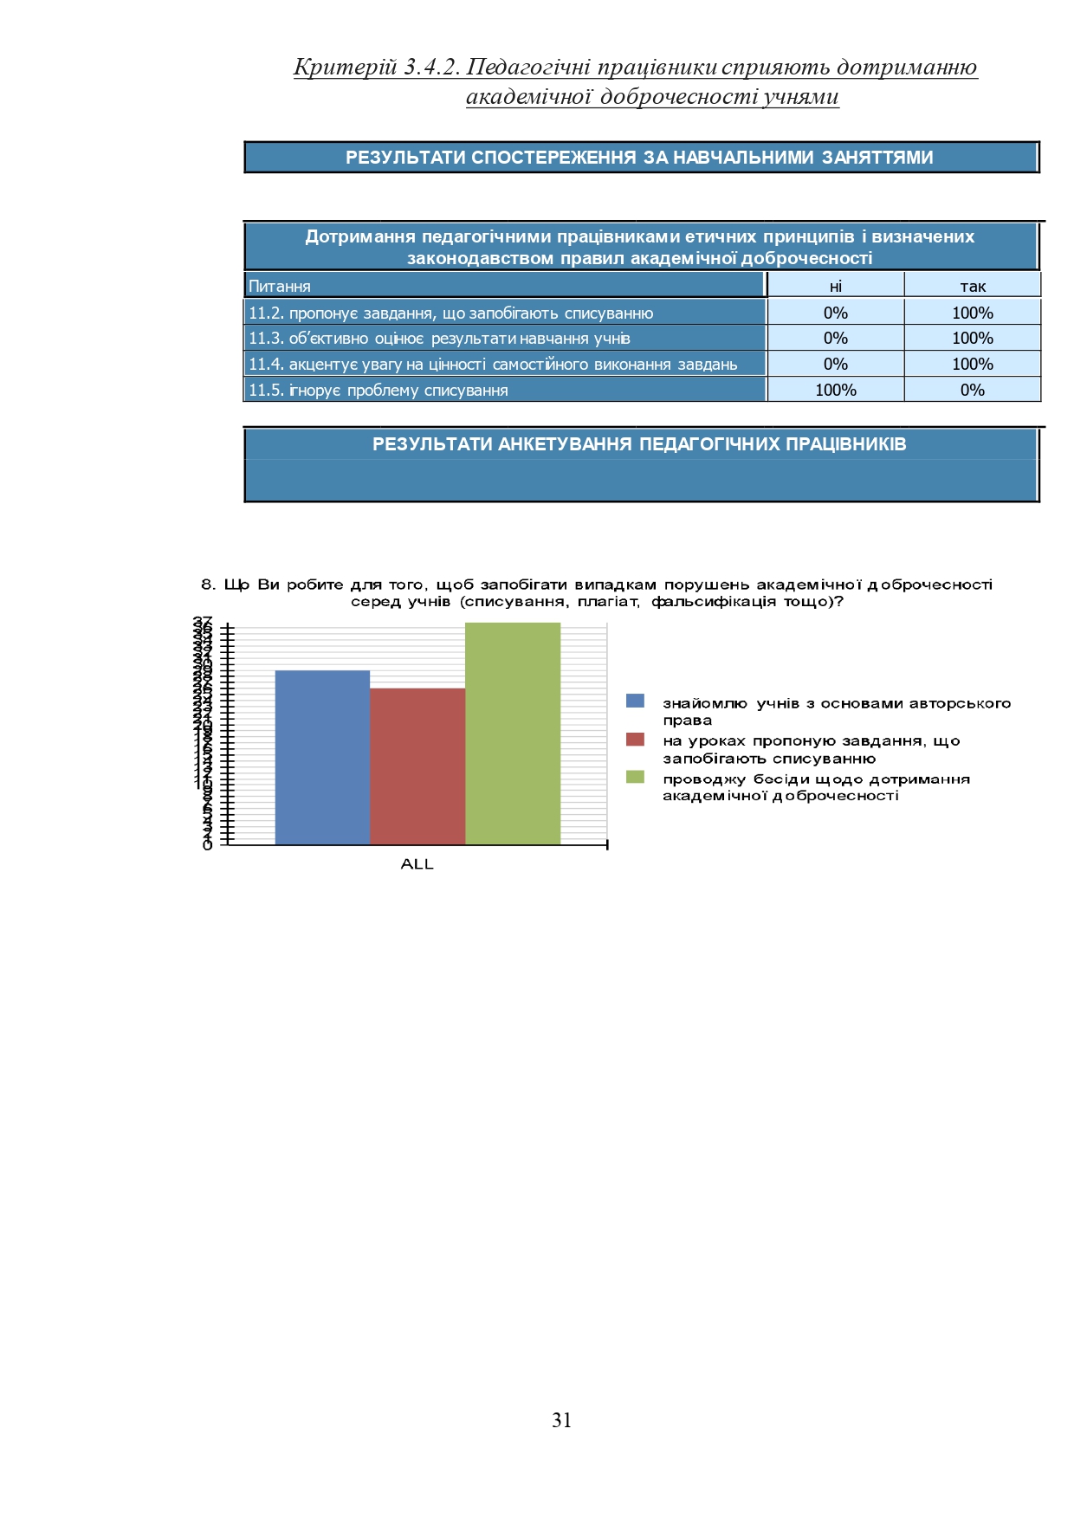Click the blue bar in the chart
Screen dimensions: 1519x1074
click(x=322, y=757)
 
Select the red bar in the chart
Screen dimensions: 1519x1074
click(x=417, y=766)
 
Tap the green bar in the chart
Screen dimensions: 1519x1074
click(x=513, y=733)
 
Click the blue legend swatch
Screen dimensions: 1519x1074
click(x=635, y=701)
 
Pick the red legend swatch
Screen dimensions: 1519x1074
click(x=635, y=740)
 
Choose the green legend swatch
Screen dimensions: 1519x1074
click(x=635, y=778)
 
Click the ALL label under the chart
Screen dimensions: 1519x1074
click(x=417, y=864)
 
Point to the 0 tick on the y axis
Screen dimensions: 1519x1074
click(x=207, y=845)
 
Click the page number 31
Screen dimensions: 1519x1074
click(x=561, y=1420)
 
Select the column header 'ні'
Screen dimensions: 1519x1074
click(x=835, y=286)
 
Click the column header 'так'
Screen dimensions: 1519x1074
click(x=973, y=286)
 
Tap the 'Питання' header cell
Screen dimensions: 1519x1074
click(x=280, y=286)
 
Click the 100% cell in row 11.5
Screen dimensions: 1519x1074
click(x=835, y=390)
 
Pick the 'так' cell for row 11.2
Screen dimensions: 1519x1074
click(x=973, y=313)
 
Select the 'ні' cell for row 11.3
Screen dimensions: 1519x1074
click(x=835, y=338)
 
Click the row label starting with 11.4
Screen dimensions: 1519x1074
click(x=493, y=364)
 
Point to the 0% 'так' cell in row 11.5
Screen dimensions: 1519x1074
click(x=973, y=390)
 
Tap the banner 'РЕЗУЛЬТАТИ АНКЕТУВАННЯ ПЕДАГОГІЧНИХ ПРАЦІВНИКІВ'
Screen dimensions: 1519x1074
click(x=639, y=444)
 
